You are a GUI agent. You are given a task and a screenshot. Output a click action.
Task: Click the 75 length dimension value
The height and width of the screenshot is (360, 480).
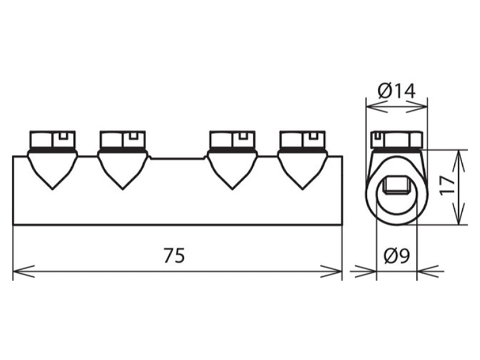click(x=174, y=256)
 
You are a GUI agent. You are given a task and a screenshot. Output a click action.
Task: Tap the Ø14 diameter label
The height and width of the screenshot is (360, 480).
click(x=397, y=91)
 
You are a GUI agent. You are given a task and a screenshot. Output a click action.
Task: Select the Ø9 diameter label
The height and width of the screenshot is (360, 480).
click(x=397, y=256)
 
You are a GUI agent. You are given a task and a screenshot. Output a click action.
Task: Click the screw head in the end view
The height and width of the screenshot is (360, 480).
click(x=397, y=140)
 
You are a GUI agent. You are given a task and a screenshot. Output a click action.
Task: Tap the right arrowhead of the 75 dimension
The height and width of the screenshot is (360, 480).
click(x=331, y=271)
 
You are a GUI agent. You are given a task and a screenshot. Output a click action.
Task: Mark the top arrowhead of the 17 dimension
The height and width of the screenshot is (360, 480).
click(x=458, y=161)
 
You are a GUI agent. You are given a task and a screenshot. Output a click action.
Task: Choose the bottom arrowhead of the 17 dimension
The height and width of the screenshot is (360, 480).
click(x=458, y=214)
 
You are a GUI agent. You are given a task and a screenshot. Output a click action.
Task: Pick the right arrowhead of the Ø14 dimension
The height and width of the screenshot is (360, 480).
click(x=416, y=107)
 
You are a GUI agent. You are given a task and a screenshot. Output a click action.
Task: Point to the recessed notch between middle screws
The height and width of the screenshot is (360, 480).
click(x=178, y=158)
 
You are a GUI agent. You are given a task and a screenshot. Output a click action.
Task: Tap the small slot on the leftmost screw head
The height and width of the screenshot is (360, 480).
click(x=63, y=136)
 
